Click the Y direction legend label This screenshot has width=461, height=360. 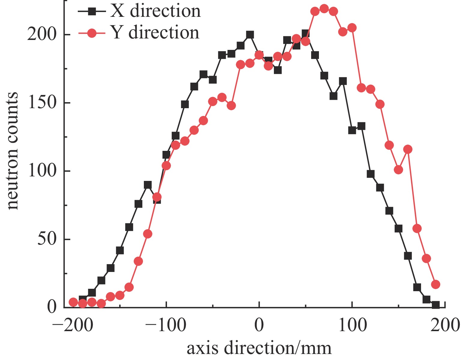point(155,32)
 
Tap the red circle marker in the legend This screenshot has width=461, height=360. point(92,33)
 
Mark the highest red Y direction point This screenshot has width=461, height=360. point(324,9)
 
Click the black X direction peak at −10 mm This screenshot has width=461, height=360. point(250,35)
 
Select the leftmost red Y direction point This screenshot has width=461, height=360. point(73,302)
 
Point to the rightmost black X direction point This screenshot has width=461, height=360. point(435,305)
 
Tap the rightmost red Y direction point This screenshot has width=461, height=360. point(435,284)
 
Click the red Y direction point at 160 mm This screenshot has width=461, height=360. point(408,149)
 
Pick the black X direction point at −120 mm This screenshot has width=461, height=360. point(147,185)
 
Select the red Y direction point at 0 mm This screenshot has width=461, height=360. point(259,55)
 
